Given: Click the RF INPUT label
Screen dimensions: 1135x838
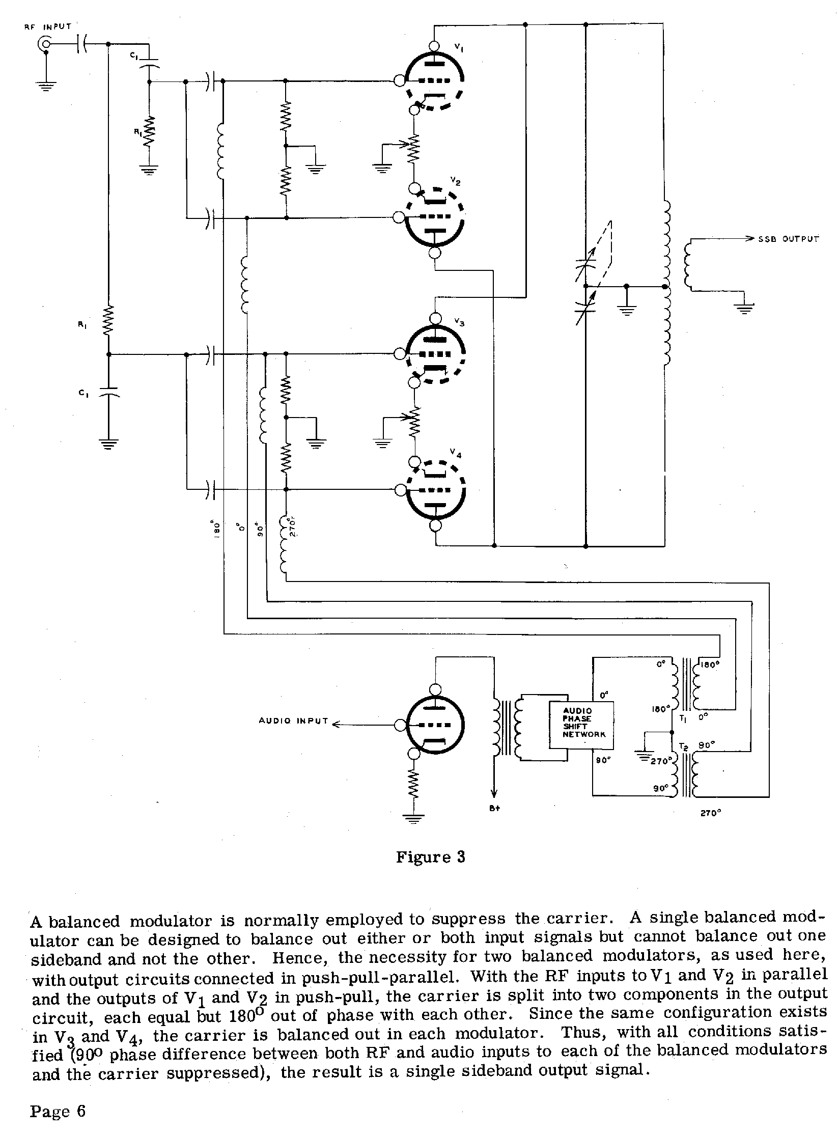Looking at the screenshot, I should (48, 26).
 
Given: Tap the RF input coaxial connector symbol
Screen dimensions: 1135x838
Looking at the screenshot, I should (45, 45).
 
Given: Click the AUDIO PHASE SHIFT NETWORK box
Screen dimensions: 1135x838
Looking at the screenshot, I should (581, 725).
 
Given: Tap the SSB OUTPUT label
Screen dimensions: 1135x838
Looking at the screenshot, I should (789, 239).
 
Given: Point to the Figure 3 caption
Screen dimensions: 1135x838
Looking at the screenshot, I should (430, 857).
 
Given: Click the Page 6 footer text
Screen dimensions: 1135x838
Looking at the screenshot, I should (58, 1110).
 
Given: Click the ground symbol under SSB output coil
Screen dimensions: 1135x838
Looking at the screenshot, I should (744, 308).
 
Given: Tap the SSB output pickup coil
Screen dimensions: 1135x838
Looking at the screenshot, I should (687, 265).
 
